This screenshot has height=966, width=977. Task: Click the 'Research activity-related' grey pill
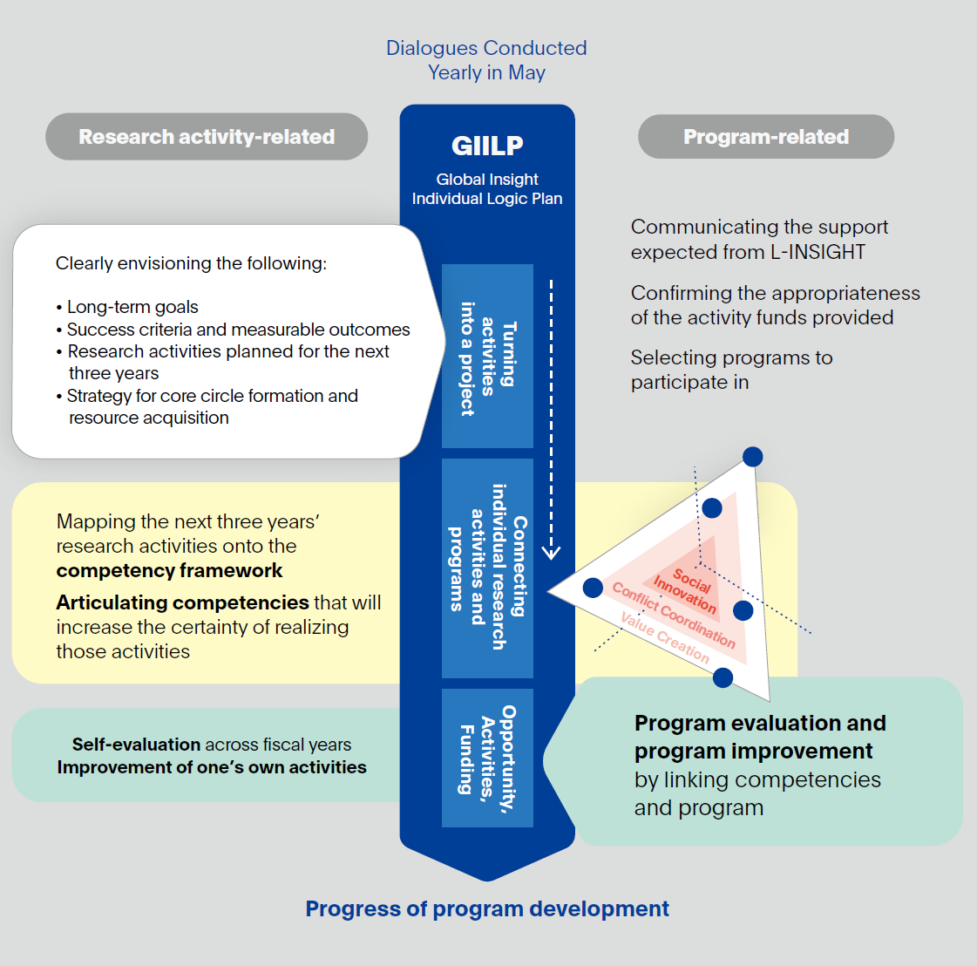click(207, 137)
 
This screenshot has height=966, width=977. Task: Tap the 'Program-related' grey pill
click(766, 137)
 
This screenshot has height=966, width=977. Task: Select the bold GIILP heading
click(487, 146)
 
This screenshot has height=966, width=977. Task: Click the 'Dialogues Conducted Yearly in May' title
click(486, 60)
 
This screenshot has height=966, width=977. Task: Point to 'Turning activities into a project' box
click(487, 356)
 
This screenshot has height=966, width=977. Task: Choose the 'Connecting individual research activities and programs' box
click(487, 568)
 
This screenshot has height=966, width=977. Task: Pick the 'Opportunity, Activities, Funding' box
click(487, 758)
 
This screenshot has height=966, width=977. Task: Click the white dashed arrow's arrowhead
click(551, 551)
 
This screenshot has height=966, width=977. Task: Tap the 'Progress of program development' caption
click(487, 908)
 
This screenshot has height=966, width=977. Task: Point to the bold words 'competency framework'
click(169, 571)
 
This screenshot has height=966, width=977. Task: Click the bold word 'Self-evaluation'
click(136, 745)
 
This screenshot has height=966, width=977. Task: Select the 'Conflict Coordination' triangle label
click(674, 616)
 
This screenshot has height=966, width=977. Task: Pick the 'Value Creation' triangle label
click(665, 636)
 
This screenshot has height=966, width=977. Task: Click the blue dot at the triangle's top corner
click(753, 456)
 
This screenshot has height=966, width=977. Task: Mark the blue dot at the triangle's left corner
click(593, 588)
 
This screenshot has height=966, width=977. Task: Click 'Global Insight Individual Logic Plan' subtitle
click(487, 189)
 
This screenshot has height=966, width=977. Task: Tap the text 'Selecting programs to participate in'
click(731, 370)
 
